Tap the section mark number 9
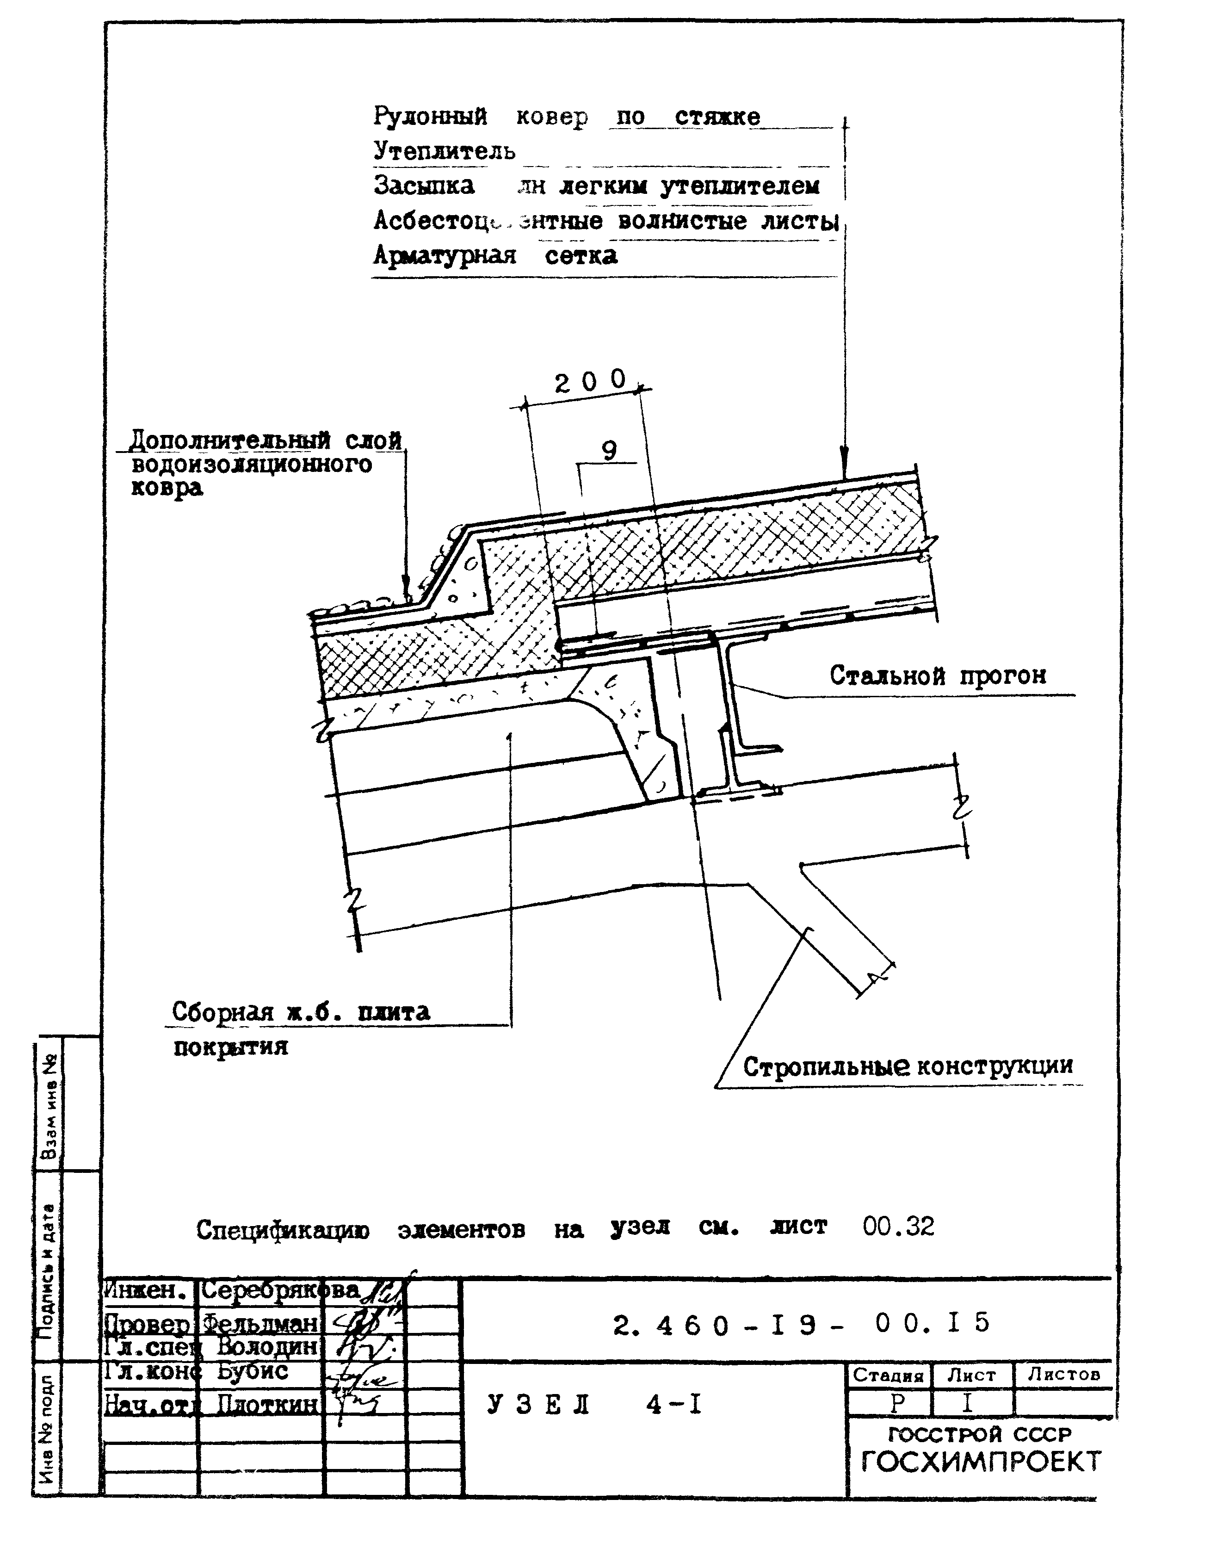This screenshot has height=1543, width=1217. pos(609,451)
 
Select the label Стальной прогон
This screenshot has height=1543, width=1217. pos(938,675)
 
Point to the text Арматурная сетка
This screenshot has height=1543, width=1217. pos(495,255)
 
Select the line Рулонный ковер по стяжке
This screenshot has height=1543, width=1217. pos(567,116)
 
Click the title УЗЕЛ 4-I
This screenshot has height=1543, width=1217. pos(595,1404)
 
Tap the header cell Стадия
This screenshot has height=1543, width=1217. pos(888,1375)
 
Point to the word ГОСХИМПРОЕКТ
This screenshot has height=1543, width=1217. pos(981,1462)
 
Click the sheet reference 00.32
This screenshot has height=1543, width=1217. pos(898,1226)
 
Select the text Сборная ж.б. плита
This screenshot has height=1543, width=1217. pos(301,1011)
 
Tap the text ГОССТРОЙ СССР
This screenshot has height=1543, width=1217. pos(980,1434)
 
